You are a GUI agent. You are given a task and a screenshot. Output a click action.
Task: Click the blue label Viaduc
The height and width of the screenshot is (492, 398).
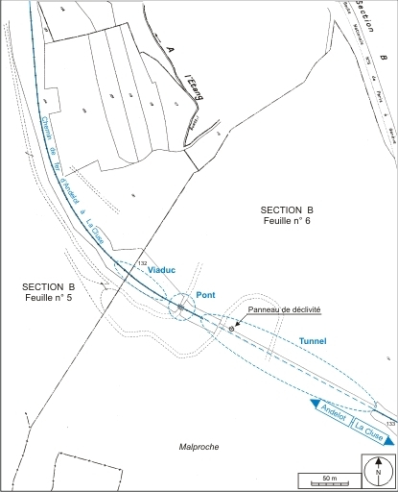coord(164,272)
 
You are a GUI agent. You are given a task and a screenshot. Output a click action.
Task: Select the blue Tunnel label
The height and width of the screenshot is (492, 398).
coord(313,341)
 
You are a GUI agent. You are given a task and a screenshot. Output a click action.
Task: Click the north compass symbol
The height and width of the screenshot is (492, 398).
coord(377,472)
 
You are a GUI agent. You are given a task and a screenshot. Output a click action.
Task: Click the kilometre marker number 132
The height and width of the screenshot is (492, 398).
coord(143,263)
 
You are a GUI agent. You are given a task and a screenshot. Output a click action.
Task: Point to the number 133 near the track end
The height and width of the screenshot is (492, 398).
coord(389,423)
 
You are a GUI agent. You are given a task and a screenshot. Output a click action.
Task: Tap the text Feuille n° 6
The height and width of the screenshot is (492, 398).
coord(287,221)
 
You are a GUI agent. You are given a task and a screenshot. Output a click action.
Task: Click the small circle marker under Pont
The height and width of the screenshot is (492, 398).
coord(179,307)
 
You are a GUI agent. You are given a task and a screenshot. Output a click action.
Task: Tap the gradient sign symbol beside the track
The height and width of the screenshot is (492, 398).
coord(230,329)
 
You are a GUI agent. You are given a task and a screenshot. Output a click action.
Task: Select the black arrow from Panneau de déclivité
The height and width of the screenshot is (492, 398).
coord(241,321)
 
